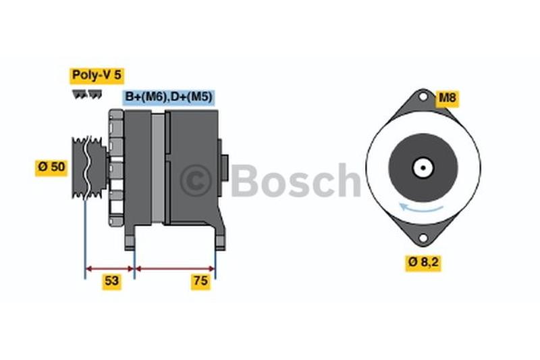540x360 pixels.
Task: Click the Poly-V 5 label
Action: (x=97, y=76)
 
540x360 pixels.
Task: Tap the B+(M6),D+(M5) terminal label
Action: (x=168, y=97)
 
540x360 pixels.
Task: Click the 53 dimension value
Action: (x=112, y=282)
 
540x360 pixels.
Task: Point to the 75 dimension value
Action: (x=200, y=282)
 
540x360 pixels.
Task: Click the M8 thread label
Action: (x=448, y=99)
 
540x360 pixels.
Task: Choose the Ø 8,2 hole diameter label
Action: (x=423, y=263)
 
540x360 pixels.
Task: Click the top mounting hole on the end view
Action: (x=423, y=97)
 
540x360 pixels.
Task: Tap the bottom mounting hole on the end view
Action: (x=423, y=238)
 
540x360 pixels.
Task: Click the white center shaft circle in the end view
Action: (x=423, y=168)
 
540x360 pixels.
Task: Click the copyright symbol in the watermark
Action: (x=196, y=181)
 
